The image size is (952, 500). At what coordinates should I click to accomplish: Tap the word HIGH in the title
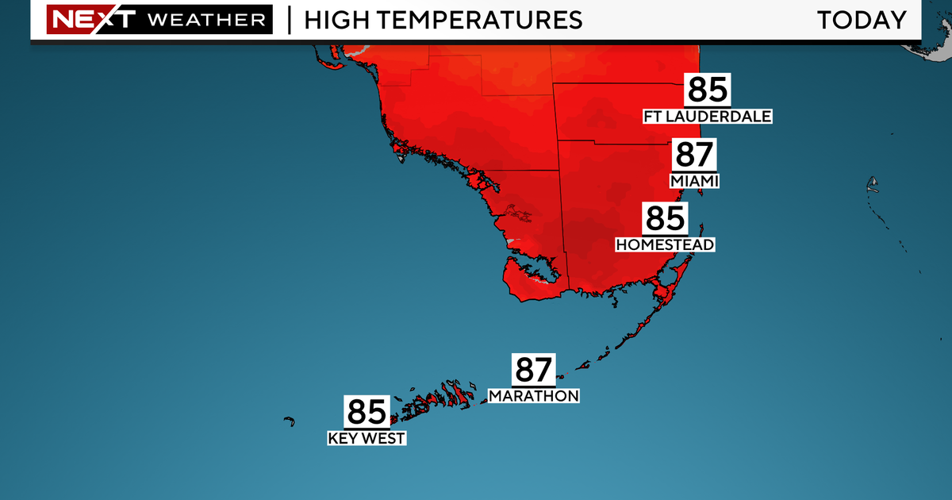click(x=333, y=20)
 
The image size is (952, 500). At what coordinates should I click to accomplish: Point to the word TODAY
click(x=862, y=20)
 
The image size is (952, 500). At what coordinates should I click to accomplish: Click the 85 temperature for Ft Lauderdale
click(x=708, y=90)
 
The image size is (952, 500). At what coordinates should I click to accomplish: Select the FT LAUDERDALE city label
click(x=708, y=117)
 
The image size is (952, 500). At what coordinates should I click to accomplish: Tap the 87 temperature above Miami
click(x=695, y=154)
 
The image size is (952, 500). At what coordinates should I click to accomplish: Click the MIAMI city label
click(x=694, y=181)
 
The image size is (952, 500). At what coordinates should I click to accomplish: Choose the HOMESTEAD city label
click(x=665, y=244)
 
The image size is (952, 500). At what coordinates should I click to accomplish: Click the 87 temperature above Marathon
click(x=534, y=369)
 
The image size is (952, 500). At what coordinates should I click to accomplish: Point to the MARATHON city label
click(x=533, y=395)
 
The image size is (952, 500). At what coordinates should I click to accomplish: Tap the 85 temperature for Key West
click(x=367, y=412)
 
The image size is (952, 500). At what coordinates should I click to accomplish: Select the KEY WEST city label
click(x=367, y=437)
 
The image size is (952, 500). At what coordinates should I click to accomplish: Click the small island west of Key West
click(x=290, y=421)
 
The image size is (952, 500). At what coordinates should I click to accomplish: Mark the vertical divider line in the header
click(x=289, y=20)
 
